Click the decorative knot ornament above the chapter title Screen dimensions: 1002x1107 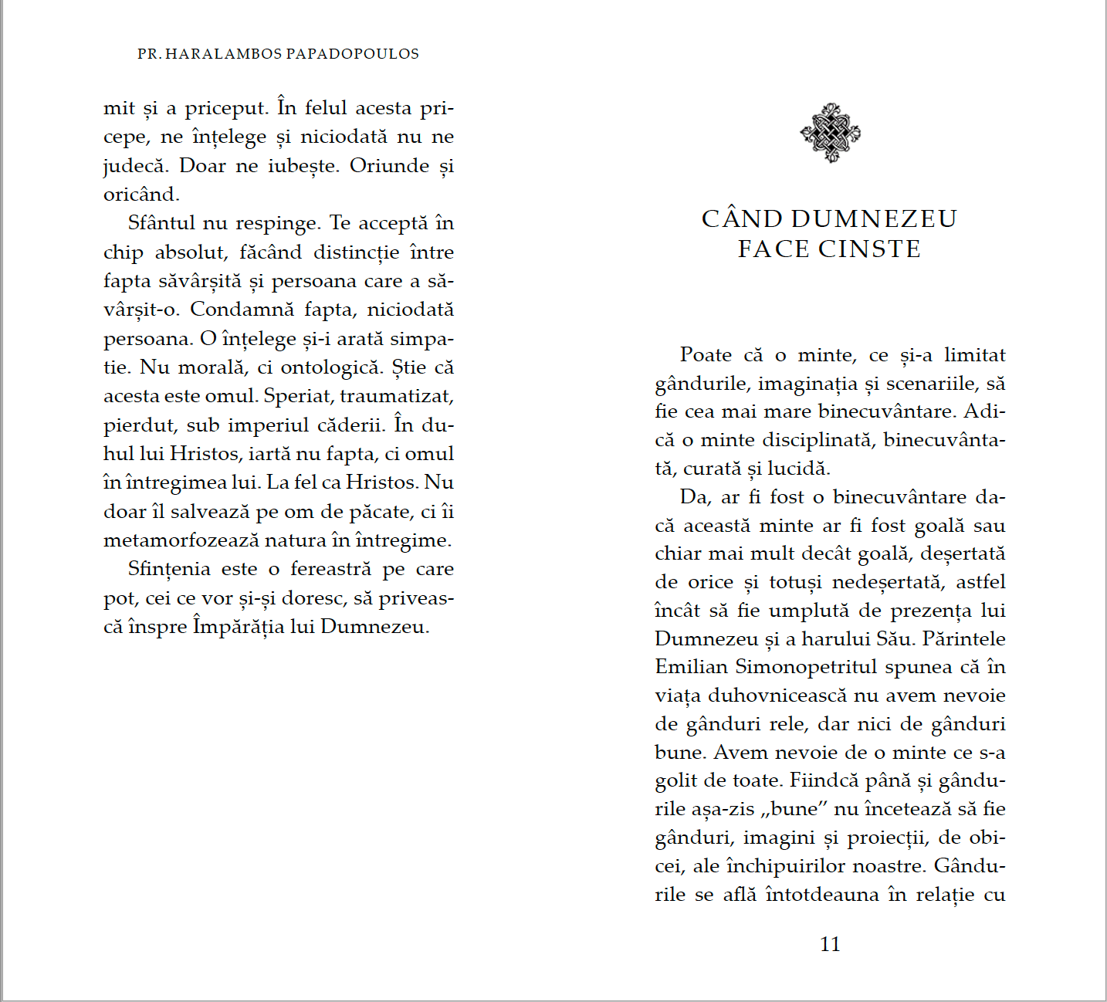830,133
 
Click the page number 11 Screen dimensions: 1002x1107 830,944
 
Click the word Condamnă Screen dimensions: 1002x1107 242,310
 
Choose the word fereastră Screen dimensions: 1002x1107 330,569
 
